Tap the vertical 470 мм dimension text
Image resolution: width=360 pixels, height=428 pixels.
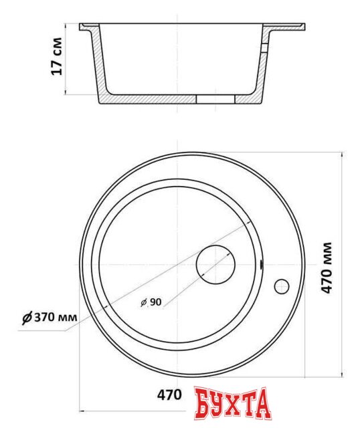point(327,267)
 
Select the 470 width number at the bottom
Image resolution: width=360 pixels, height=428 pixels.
point(169,395)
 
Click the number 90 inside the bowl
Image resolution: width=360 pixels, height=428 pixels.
point(155,302)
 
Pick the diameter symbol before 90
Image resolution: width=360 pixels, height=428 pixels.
point(143,303)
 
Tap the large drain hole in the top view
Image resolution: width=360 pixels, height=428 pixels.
point(215,265)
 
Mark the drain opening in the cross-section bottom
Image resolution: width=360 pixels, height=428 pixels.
point(215,99)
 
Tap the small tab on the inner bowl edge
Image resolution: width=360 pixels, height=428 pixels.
point(262,265)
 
